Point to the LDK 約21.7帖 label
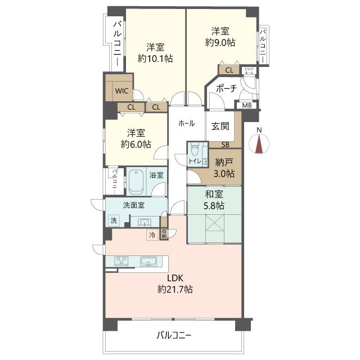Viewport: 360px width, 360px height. point(175,283)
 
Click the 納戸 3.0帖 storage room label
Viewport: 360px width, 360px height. point(224,168)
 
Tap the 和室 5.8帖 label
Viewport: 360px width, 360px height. point(214,200)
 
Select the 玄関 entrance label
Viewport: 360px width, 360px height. point(220,127)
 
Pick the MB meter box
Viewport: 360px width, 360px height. point(247,105)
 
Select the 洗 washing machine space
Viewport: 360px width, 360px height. point(114,220)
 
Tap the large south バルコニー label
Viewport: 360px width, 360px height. point(173,336)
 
